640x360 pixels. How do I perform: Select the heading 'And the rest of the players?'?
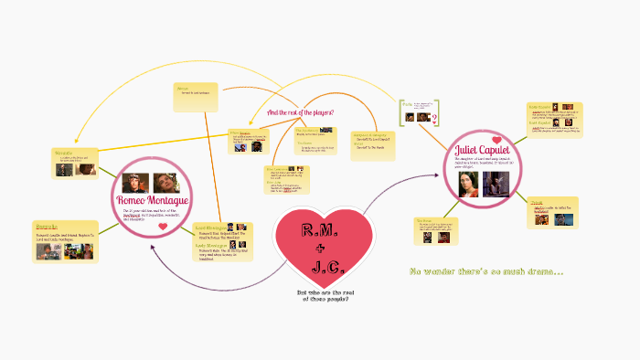[300, 112]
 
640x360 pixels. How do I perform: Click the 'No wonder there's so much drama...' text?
[486, 272]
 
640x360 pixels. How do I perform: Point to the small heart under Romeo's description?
[164, 229]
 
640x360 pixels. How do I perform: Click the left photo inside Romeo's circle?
[138, 183]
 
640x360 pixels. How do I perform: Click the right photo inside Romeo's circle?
[166, 183]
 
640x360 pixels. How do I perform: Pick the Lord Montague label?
[212, 227]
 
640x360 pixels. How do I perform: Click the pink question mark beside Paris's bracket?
[435, 118]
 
